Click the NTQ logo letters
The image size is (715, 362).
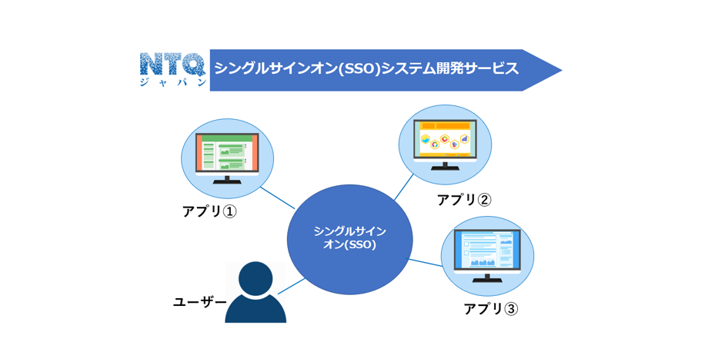pyautogui.click(x=172, y=64)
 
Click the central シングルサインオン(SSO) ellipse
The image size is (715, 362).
pyautogui.click(x=349, y=238)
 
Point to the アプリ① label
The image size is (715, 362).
pyautogui.click(x=209, y=211)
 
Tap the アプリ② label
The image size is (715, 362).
pyautogui.click(x=463, y=200)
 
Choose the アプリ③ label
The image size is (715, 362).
pyautogui.click(x=490, y=308)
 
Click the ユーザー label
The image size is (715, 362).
pyautogui.click(x=199, y=302)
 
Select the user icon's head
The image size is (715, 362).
pyautogui.click(x=256, y=278)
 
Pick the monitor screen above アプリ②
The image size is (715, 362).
pyautogui.click(x=445, y=138)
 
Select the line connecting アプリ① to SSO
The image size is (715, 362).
pyautogui.click(x=277, y=198)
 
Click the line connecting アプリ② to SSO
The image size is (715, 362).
pyautogui.click(x=405, y=187)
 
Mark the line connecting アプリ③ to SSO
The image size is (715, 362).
pyautogui.click(x=426, y=263)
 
